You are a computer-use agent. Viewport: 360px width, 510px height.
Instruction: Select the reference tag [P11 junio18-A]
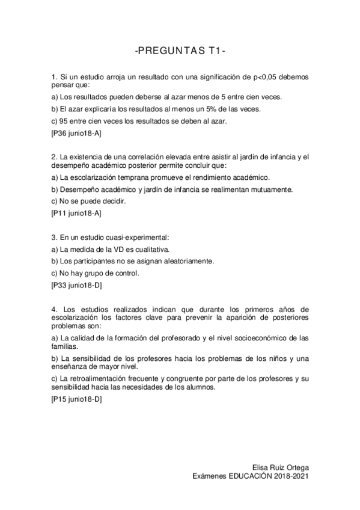point(76,213)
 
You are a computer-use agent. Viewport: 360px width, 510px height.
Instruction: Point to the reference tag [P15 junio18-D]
point(76,398)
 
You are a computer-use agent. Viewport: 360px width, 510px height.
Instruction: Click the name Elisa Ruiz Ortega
point(281,467)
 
